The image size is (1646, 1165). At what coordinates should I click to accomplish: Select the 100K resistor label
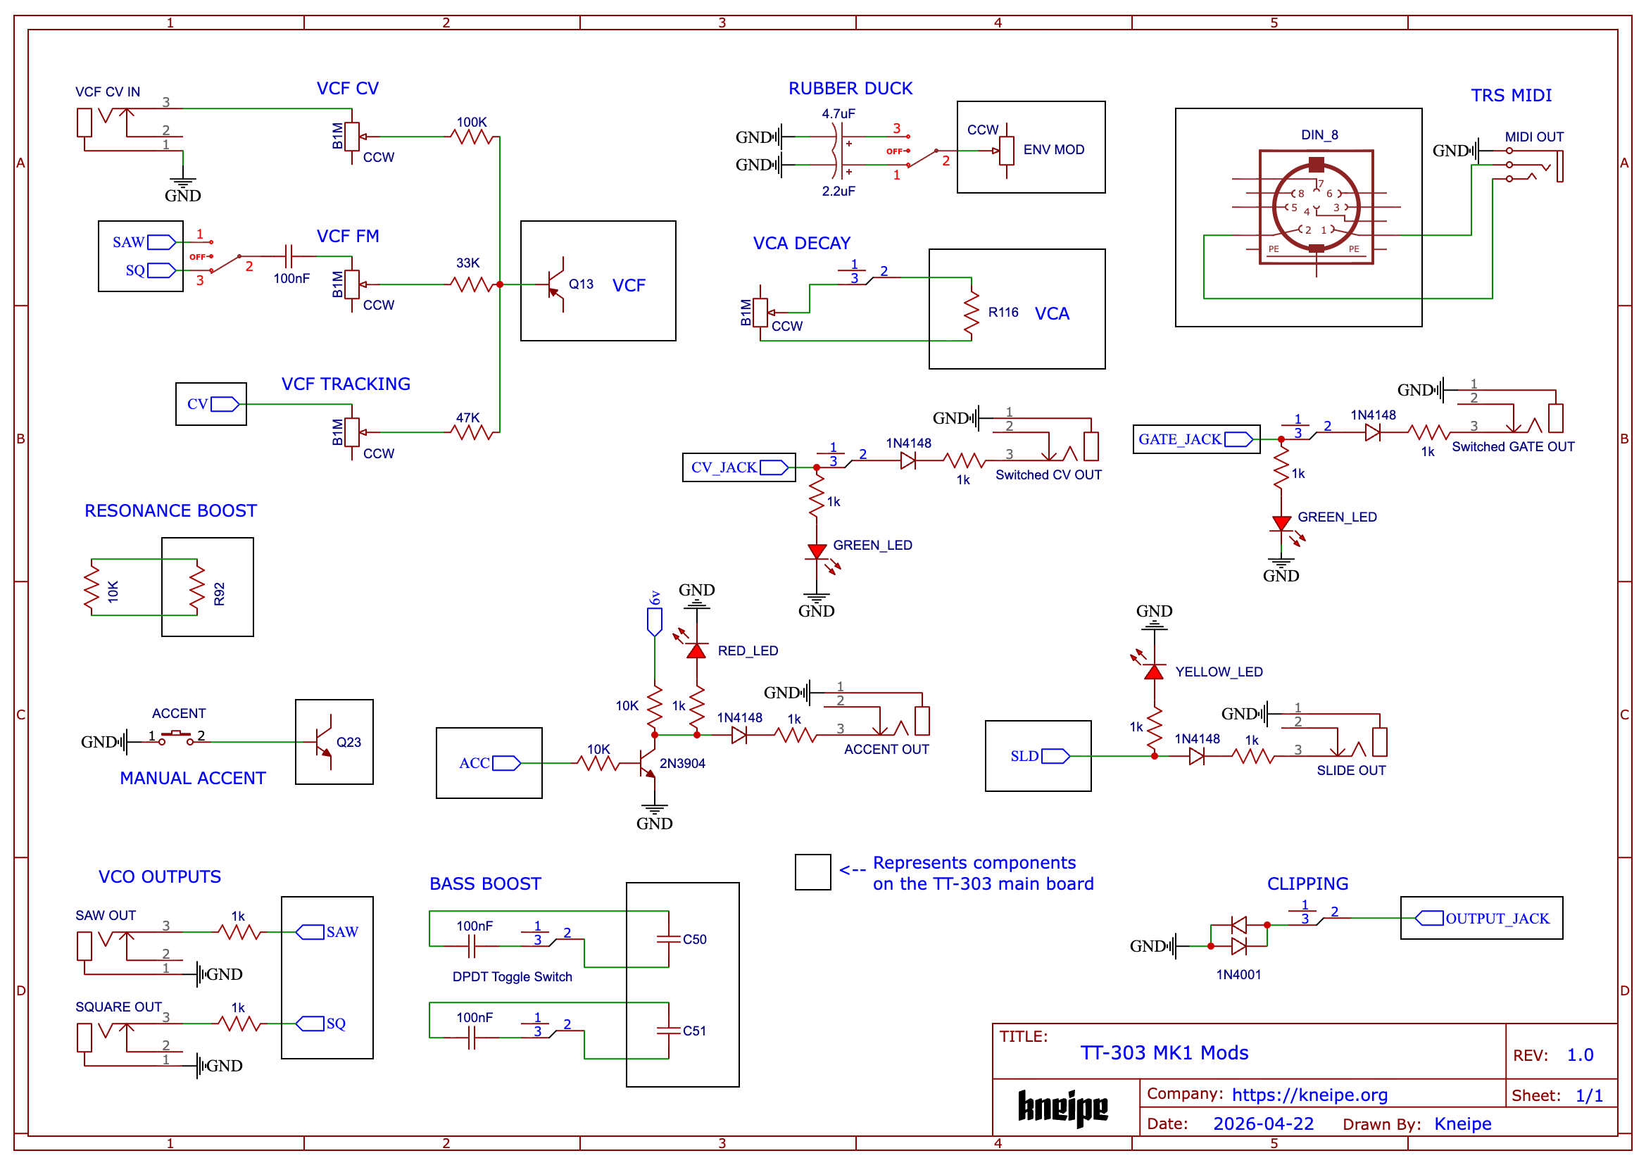click(x=472, y=122)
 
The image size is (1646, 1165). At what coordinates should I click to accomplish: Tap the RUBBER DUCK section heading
click(x=850, y=88)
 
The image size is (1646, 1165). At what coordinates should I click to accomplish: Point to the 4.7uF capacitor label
click(x=838, y=114)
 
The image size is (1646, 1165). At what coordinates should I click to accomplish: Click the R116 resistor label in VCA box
click(x=1003, y=312)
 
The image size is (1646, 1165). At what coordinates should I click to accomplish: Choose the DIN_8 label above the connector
click(x=1319, y=135)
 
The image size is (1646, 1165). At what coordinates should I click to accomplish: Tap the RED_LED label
click(x=748, y=650)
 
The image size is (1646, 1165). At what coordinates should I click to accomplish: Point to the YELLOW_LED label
click(x=1219, y=672)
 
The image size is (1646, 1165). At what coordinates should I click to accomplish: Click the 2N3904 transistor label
click(x=682, y=763)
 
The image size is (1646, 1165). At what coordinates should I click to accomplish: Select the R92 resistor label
click(x=220, y=594)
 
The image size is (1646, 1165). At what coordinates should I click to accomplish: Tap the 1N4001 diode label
click(x=1238, y=974)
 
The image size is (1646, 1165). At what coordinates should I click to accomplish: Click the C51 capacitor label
click(x=695, y=1031)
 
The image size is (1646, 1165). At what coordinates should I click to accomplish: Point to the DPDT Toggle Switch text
click(x=513, y=977)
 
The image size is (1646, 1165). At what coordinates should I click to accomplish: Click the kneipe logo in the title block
click(x=1062, y=1107)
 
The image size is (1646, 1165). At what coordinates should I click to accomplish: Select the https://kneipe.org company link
click(x=1309, y=1095)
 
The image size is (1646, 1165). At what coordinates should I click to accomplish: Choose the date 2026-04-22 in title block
click(x=1264, y=1123)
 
